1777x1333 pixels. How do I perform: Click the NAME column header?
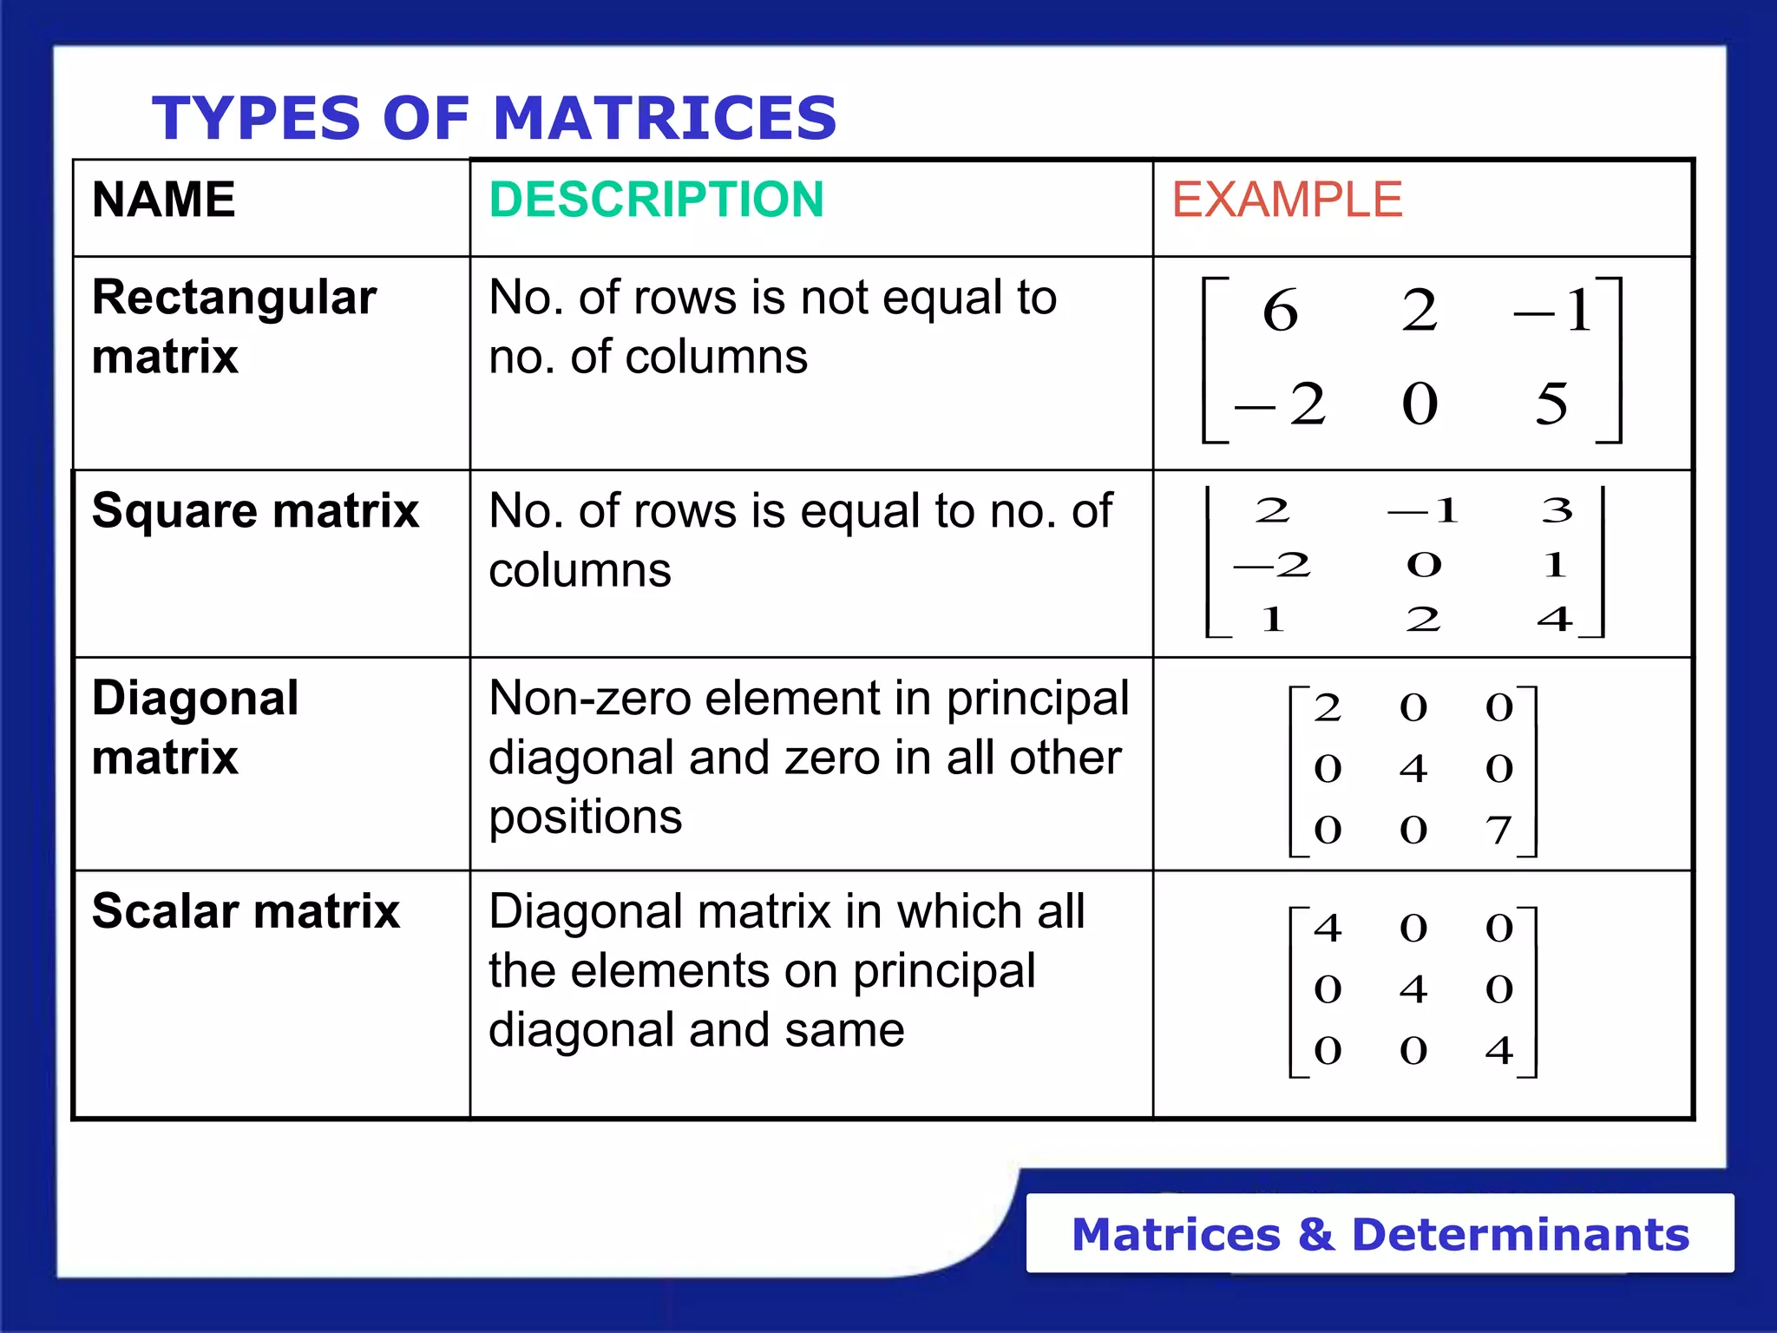(x=163, y=200)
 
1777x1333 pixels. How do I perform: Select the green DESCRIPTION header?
(x=656, y=200)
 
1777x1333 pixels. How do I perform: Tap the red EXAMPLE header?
(x=1287, y=200)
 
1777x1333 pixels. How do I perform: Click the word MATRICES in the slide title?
(x=665, y=118)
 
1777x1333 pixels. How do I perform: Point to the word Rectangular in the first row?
(x=234, y=298)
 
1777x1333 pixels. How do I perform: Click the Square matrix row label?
(x=255, y=510)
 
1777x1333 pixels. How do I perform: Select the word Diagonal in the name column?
(x=195, y=699)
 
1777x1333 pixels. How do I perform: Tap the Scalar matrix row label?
(x=246, y=911)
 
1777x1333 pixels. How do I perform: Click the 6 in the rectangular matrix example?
(x=1280, y=311)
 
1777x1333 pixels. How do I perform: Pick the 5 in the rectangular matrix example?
(x=1551, y=404)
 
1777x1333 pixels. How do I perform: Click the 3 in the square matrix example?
(x=1557, y=510)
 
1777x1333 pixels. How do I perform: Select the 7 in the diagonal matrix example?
(x=1498, y=830)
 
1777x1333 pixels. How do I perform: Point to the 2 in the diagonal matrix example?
(x=1328, y=708)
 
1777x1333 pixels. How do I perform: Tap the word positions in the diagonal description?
(x=585, y=818)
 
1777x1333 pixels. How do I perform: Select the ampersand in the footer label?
(x=1315, y=1234)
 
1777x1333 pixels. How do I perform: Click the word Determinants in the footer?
(x=1520, y=1234)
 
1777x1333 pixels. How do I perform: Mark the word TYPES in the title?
(x=256, y=118)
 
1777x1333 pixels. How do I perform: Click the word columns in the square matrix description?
(x=580, y=570)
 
